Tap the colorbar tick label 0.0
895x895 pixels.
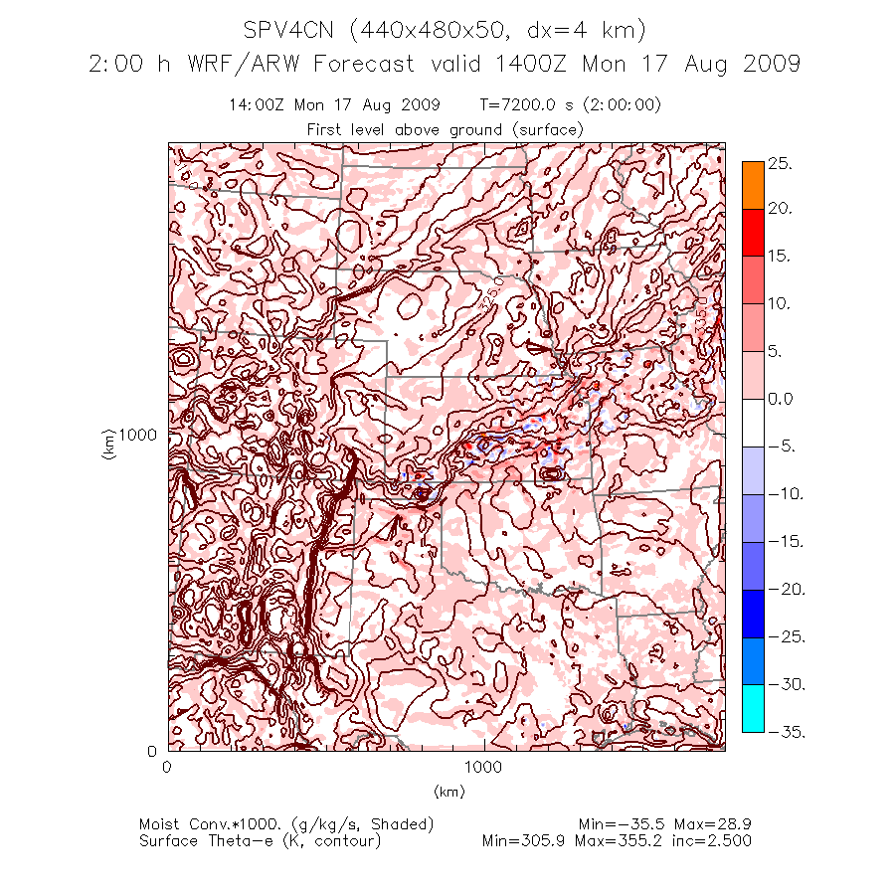click(781, 400)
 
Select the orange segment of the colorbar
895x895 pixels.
click(753, 185)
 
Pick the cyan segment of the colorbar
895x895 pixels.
click(753, 708)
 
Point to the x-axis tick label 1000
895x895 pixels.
click(484, 768)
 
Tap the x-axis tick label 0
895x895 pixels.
click(166, 768)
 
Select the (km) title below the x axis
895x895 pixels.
click(449, 792)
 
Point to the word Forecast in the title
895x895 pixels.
click(364, 64)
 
